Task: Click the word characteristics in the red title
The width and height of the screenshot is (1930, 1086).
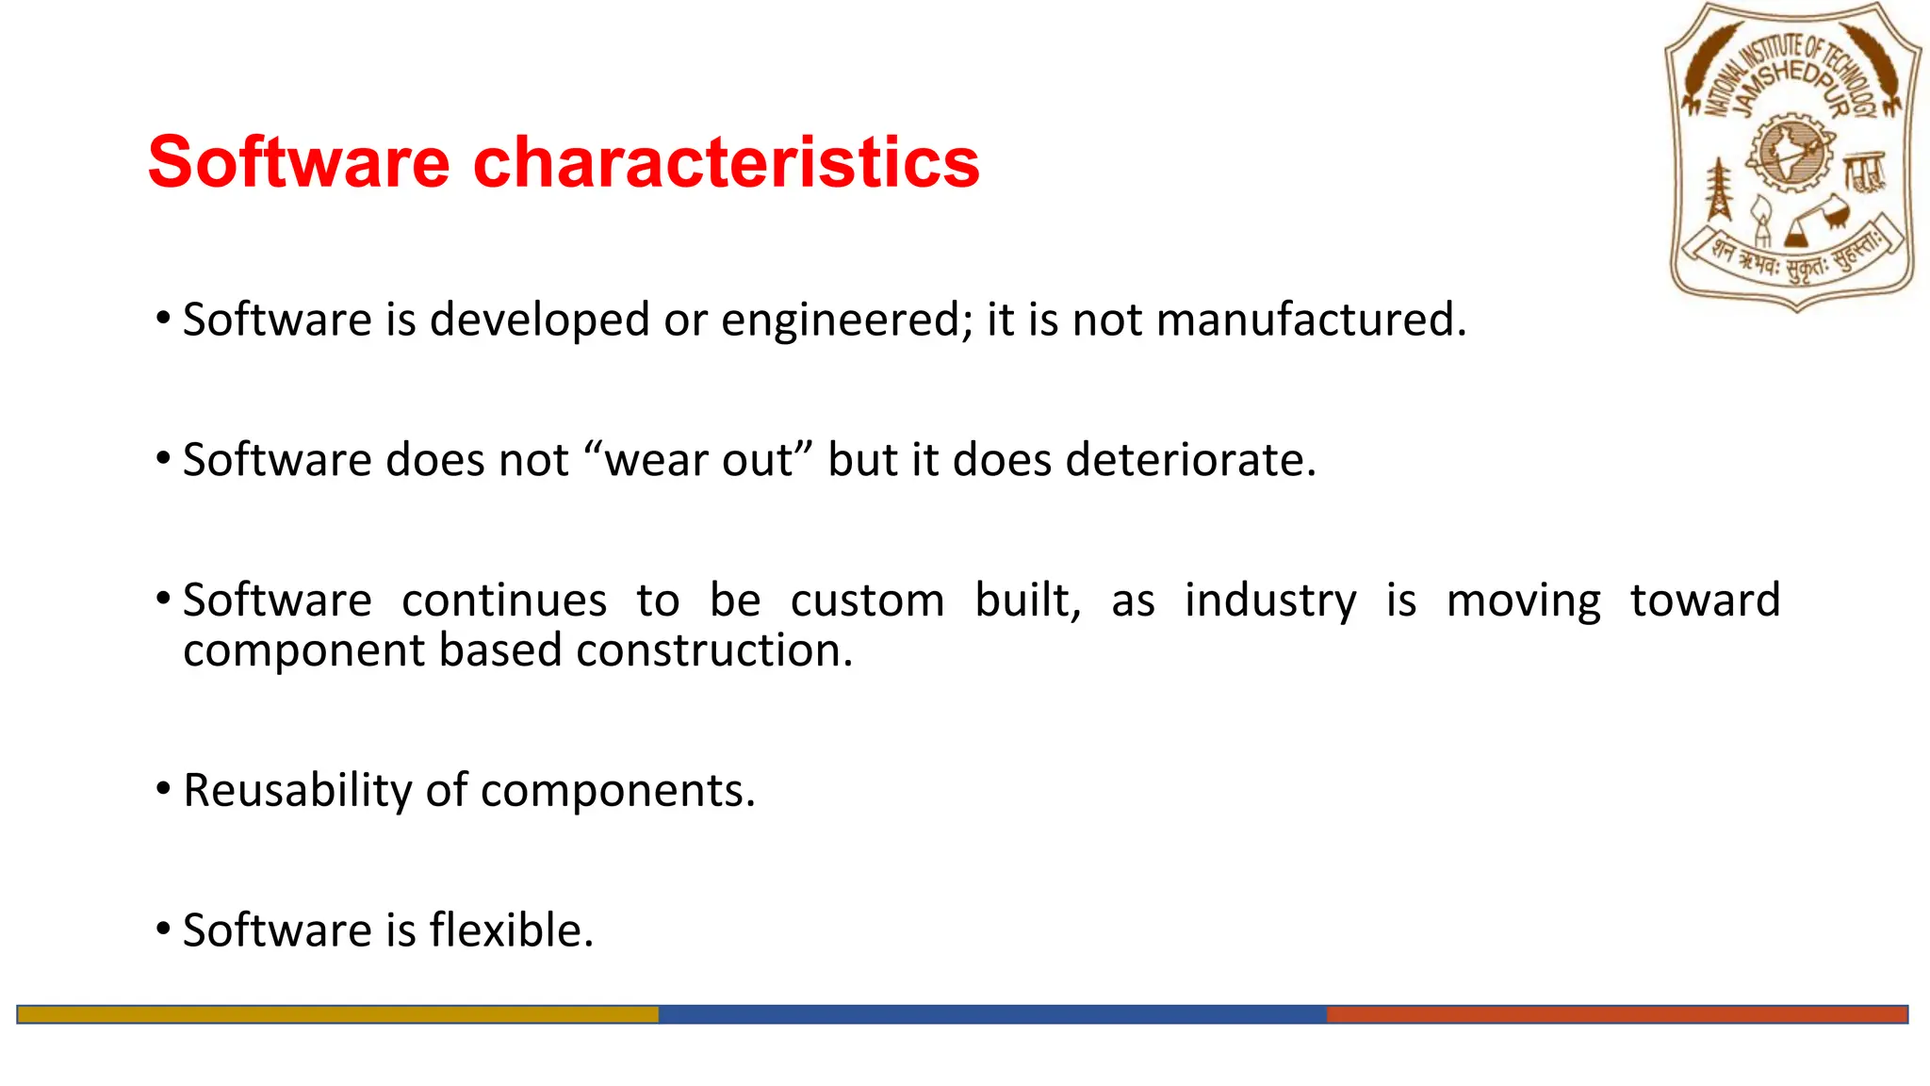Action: coord(726,162)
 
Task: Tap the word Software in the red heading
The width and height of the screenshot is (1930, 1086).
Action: coord(299,162)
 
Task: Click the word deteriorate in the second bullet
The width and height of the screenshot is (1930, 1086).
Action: coord(1189,460)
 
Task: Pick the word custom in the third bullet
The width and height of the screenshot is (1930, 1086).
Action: coord(867,601)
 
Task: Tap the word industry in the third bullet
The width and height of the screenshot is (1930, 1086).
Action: coord(1270,601)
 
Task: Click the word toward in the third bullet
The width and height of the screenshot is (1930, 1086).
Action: coord(1705,601)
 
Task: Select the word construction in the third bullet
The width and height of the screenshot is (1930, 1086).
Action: coord(713,650)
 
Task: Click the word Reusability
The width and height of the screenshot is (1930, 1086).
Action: coord(297,790)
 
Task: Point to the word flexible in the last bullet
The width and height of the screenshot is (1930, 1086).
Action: coord(511,930)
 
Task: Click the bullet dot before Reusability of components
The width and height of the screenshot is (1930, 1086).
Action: coord(163,788)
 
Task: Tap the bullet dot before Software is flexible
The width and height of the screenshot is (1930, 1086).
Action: coord(163,929)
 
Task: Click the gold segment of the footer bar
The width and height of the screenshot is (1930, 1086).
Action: coord(337,1014)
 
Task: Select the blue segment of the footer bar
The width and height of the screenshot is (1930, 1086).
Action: coord(991,1014)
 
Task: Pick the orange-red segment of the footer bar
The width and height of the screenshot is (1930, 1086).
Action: coord(1616,1014)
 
